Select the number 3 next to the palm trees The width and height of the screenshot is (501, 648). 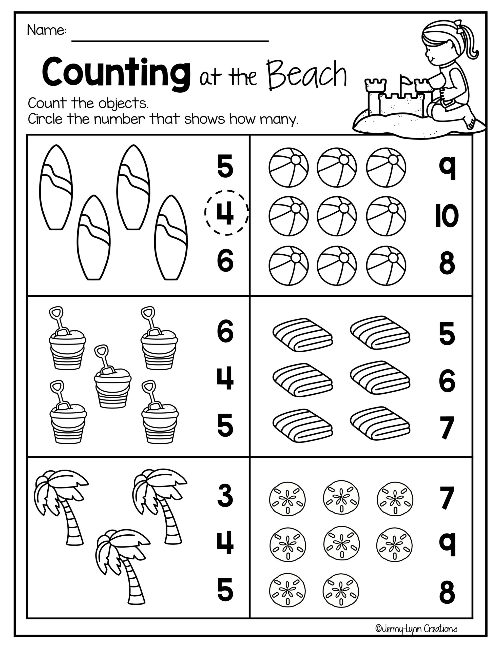click(x=225, y=496)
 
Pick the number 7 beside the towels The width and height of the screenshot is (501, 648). click(x=447, y=428)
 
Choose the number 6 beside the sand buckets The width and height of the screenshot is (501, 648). click(x=225, y=331)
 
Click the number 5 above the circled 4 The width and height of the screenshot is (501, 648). click(x=225, y=168)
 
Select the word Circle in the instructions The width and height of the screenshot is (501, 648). click(x=45, y=119)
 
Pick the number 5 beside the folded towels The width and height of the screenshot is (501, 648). click(x=447, y=334)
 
